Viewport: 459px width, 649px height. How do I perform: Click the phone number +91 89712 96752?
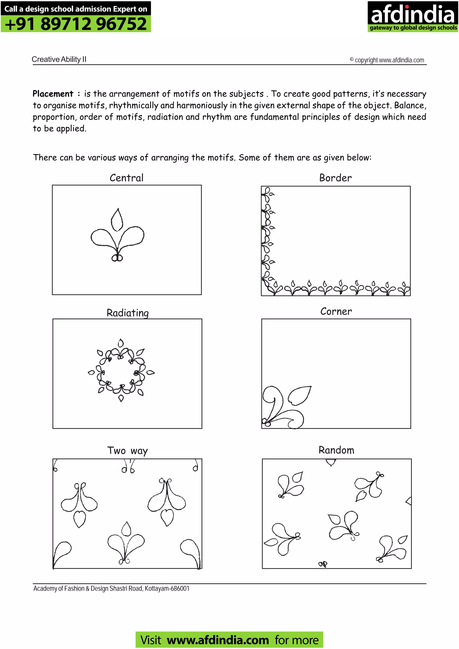click(76, 24)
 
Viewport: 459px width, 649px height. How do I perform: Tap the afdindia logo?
click(412, 16)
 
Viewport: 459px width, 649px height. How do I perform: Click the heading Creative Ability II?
click(59, 59)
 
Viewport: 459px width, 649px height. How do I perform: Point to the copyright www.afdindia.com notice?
click(387, 60)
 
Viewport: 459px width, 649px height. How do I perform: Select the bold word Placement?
click(53, 94)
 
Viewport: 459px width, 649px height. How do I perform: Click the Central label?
click(126, 178)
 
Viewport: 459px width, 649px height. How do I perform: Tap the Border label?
click(336, 178)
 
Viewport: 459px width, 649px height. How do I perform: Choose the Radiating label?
click(128, 313)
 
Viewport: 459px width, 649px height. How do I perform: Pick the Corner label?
click(336, 311)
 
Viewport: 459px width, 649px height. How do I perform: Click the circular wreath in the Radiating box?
click(121, 370)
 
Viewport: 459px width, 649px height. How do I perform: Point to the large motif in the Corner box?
click(284, 407)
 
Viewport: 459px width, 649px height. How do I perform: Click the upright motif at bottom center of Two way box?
click(126, 544)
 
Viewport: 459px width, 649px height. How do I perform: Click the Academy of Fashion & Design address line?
click(111, 589)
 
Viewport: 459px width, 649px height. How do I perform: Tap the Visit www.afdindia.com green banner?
click(229, 640)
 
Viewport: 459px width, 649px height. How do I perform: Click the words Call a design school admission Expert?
click(76, 9)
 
